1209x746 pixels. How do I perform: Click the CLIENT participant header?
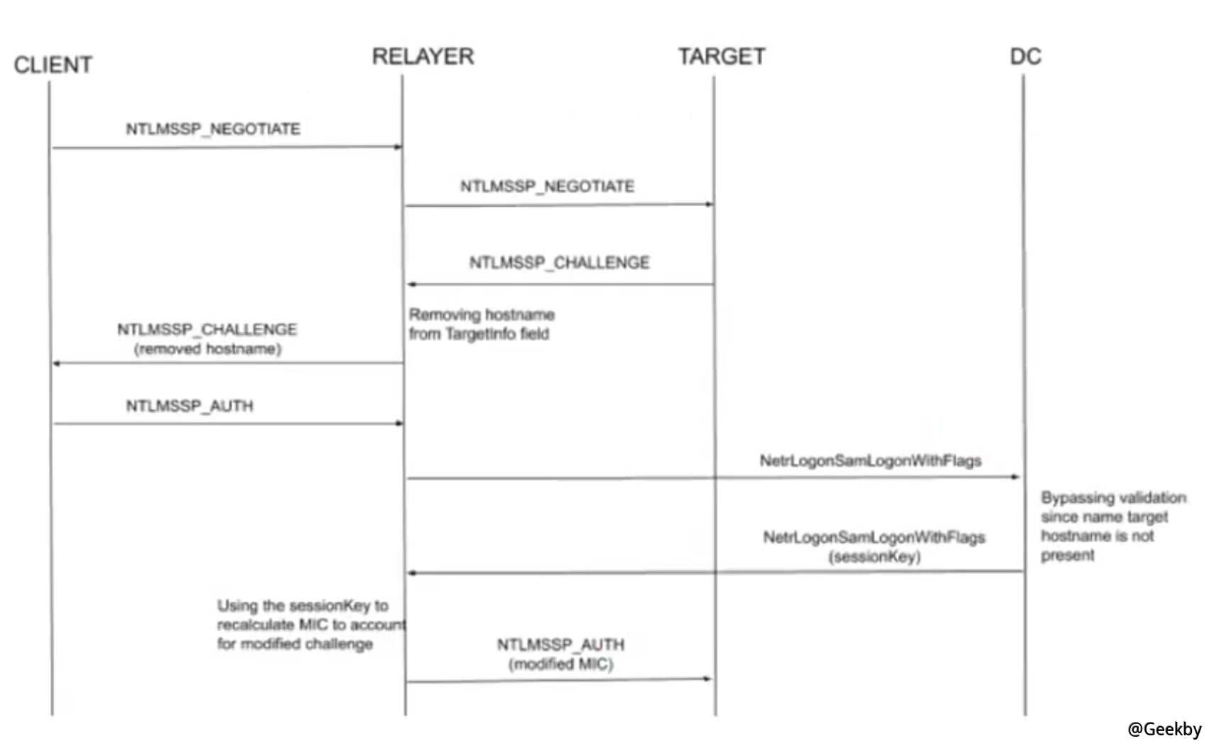coord(53,65)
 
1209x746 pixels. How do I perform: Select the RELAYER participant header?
coord(423,56)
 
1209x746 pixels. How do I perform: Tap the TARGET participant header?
coord(722,56)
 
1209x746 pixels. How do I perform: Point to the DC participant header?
coord(1025,56)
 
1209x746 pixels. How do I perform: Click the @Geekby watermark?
coord(1164,729)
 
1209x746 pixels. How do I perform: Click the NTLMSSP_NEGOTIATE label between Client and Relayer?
coord(213,129)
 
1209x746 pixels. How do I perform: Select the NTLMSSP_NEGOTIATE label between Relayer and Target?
coord(547,187)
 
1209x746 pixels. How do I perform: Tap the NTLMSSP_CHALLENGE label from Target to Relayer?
coord(559,263)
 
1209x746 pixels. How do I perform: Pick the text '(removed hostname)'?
coord(207,349)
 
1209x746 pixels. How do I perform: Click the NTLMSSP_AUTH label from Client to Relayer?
coord(190,406)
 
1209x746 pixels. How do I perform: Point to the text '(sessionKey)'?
coord(874,556)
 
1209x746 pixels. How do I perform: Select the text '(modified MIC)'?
coord(560,664)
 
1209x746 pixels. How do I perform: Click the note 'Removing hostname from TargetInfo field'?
coord(481,324)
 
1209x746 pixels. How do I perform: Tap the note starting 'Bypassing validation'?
coord(1112,526)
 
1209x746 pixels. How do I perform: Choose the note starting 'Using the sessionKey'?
coord(310,625)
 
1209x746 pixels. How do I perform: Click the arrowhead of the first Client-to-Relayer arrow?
coord(399,147)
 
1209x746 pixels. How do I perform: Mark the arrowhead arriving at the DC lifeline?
coord(1016,477)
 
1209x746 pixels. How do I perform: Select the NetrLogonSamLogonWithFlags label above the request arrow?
coord(870,461)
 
